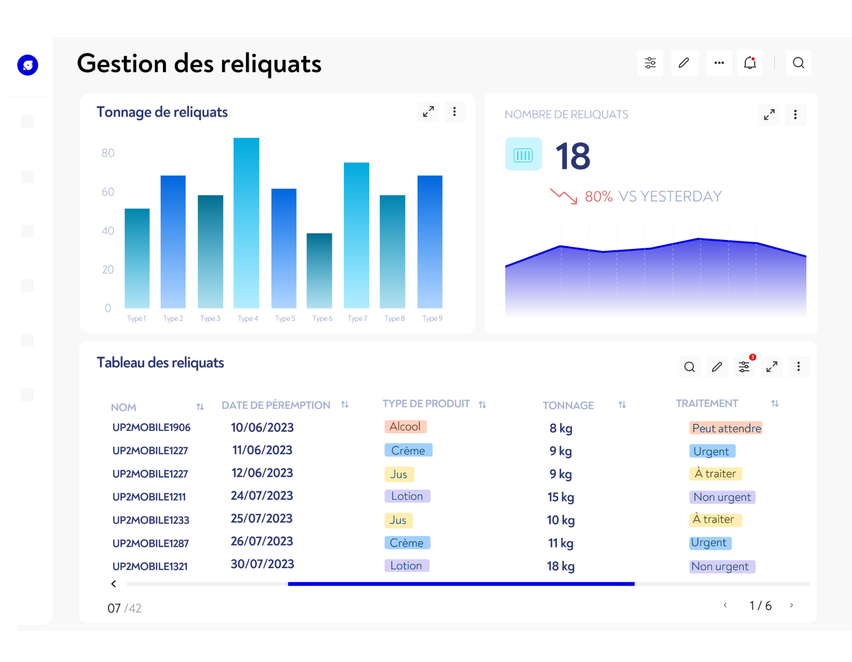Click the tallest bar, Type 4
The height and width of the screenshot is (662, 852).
point(246,223)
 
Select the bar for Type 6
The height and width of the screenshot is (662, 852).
point(319,270)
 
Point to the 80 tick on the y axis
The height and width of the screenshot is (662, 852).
point(108,153)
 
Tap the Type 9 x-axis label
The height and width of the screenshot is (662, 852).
point(432,319)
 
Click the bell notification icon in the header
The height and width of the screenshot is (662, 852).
point(750,63)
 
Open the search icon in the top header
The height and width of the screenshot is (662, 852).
point(798,63)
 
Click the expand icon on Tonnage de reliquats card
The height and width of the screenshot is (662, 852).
point(428,112)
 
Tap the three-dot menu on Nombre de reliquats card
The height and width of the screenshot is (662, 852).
point(795,115)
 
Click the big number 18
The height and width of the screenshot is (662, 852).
point(573,156)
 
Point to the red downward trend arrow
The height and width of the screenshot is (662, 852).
point(563,196)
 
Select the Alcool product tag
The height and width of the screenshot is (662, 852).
point(405,427)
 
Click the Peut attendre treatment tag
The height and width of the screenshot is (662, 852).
point(726,428)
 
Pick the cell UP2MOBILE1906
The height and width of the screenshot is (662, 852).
point(151,427)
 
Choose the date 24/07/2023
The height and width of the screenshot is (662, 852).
point(262,496)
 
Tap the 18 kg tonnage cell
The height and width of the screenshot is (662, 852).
point(561,567)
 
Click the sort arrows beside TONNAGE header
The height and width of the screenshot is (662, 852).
point(622,405)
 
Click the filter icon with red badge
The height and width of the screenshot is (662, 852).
point(744,367)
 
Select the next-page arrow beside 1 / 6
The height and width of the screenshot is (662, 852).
point(791,606)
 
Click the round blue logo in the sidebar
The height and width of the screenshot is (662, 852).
point(28,65)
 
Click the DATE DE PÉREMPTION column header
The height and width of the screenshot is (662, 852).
point(276,405)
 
